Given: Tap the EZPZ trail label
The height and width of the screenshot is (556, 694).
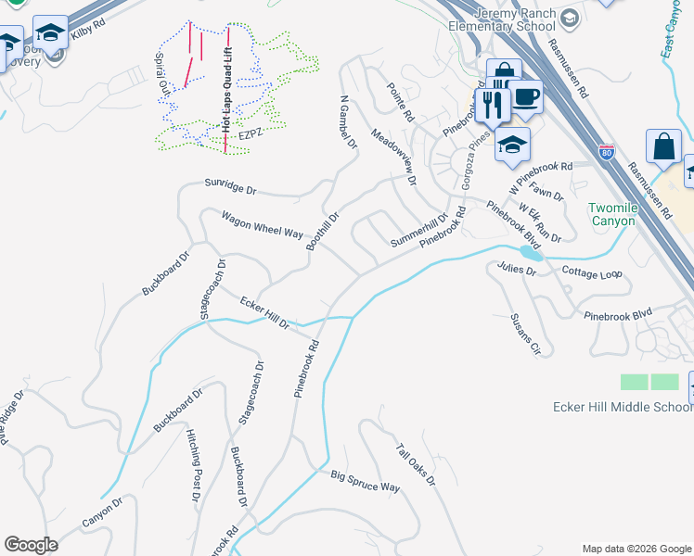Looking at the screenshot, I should (x=251, y=134).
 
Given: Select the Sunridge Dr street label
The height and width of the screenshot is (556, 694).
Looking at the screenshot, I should (x=230, y=188).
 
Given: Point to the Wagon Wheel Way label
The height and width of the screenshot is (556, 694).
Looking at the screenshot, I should (x=262, y=224).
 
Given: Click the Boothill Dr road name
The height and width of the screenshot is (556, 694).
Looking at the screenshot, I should (x=323, y=231).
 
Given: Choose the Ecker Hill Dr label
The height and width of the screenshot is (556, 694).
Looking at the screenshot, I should (x=264, y=313).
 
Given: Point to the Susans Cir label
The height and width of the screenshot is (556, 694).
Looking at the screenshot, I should (x=524, y=335).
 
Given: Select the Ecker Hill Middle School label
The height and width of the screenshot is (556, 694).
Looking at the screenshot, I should (x=623, y=407).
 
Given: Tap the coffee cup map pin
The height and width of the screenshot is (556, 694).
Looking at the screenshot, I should (x=526, y=95).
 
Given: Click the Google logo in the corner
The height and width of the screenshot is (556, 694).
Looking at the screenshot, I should (x=31, y=545).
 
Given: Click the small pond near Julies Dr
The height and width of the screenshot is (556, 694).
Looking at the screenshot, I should (x=529, y=251).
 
